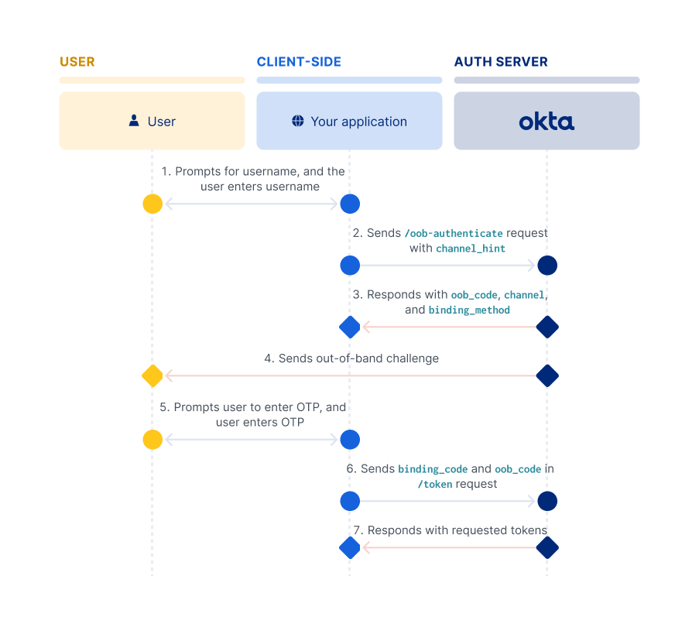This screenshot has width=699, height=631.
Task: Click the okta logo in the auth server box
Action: coord(547,122)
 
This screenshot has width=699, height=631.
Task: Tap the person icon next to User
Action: coord(134,121)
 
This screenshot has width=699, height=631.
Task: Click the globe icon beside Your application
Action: coord(298,122)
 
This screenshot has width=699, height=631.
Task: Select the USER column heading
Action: coord(77,62)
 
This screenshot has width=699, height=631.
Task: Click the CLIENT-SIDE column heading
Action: coord(299,62)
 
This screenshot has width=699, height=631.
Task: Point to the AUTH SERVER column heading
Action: coord(501,62)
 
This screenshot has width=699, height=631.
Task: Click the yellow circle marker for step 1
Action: coord(152,204)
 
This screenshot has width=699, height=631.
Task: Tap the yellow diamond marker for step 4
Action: coord(152,376)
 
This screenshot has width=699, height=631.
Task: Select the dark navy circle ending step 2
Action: coord(547,266)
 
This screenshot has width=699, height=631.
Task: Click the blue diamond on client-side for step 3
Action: coord(350,328)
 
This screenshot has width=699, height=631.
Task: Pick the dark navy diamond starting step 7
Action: coord(547,548)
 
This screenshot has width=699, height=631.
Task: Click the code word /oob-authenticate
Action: coord(454,233)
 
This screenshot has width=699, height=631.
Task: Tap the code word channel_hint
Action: coord(470,249)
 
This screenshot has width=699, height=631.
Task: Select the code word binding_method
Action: coord(469,310)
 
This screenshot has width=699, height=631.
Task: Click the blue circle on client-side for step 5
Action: coord(350,440)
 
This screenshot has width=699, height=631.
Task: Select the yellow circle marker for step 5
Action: coord(152,440)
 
